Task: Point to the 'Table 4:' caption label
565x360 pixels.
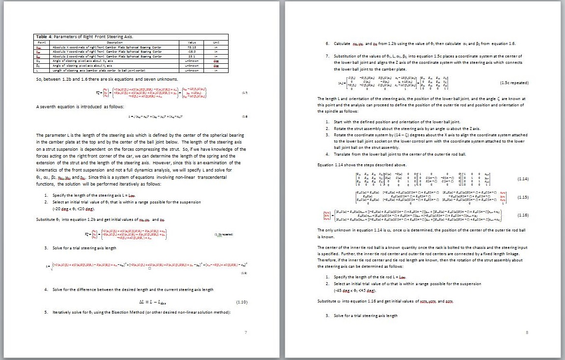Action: click(x=44, y=37)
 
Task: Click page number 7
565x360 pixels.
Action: click(x=246, y=332)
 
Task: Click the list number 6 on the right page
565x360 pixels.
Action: click(x=327, y=43)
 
